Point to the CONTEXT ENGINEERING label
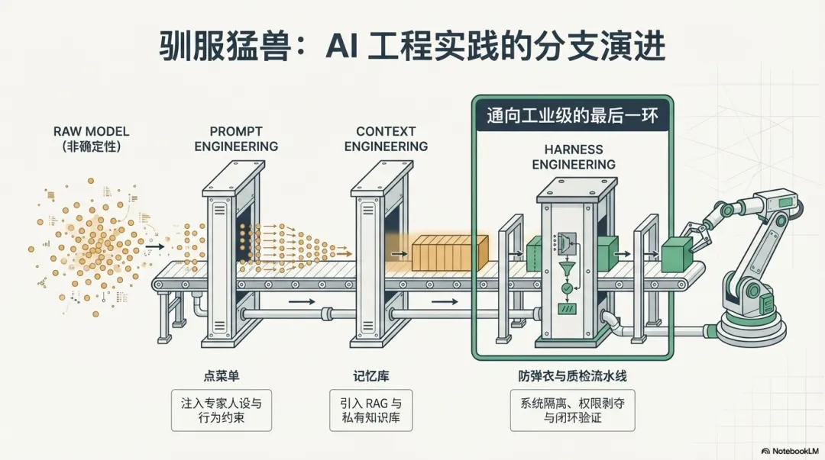386,139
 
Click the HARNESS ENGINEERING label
573,156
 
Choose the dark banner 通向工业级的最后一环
572,116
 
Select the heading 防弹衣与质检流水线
572,376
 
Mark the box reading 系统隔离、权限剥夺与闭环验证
572,411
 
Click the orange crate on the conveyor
450,252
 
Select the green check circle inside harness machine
567,288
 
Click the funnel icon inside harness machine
567,268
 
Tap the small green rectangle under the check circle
567,309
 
